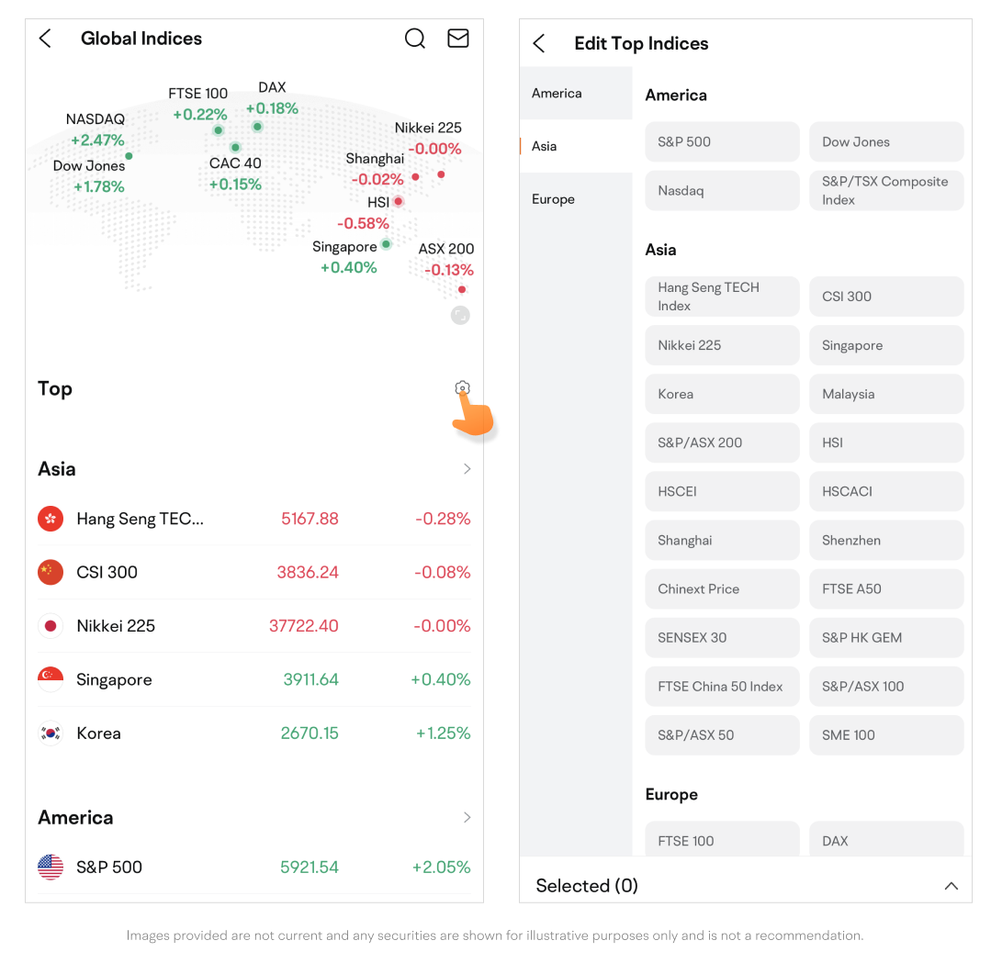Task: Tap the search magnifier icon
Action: pos(415,39)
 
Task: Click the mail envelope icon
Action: pos(457,39)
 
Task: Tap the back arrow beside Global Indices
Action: pos(45,39)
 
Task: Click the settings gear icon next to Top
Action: pos(463,388)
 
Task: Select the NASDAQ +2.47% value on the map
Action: pos(97,140)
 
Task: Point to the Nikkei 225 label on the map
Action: pos(428,128)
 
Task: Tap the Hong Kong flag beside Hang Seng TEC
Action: pos(51,519)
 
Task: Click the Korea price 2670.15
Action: pos(310,733)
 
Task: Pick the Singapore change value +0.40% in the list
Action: pos(441,680)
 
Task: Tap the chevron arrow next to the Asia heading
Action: pos(467,469)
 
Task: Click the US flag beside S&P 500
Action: pos(51,868)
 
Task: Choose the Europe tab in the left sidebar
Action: pos(553,199)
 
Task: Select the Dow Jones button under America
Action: pos(886,142)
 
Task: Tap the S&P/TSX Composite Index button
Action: pos(886,191)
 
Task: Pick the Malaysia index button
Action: pos(886,395)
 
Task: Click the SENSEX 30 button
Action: pos(722,638)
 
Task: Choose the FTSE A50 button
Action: pos(886,589)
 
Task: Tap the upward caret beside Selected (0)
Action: pos(952,886)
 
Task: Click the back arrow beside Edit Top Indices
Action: pos(539,43)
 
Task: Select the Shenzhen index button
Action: pos(886,541)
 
